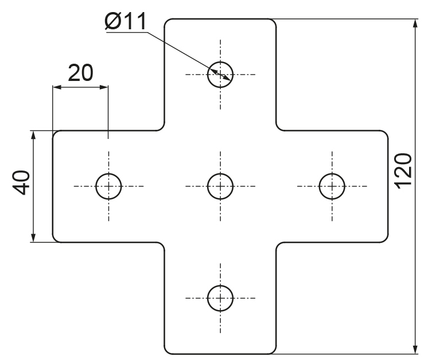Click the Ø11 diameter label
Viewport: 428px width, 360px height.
[126, 21]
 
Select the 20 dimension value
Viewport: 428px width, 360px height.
[80, 73]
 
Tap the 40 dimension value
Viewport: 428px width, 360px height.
[21, 183]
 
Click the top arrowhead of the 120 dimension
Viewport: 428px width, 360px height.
[415, 24]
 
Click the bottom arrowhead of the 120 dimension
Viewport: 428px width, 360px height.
[415, 349]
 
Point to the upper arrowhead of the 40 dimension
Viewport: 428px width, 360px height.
[33, 136]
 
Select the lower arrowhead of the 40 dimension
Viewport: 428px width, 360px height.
[33, 237]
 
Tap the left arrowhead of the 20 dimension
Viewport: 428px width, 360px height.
[57, 87]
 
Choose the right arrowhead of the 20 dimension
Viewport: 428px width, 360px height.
[104, 87]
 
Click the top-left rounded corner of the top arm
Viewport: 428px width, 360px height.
[166, 21]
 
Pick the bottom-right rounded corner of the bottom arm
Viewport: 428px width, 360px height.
[274, 351]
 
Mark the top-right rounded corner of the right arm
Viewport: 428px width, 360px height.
[386, 133]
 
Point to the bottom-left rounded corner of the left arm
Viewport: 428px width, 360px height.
[55, 240]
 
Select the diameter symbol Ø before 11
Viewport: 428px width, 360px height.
[112, 21]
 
